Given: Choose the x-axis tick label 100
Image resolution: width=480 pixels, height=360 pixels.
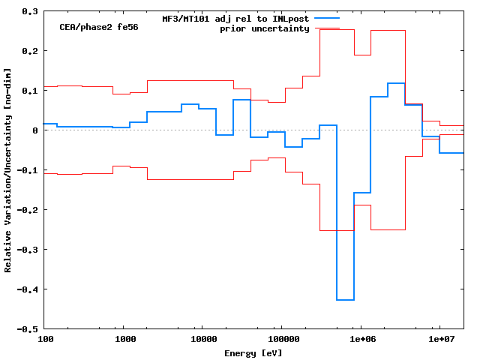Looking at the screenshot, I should (46, 340).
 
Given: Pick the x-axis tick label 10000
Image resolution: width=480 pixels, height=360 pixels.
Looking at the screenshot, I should (203, 340).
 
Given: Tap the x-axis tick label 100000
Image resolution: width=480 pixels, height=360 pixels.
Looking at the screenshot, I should (282, 340).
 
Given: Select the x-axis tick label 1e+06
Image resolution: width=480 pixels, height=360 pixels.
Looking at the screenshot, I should (361, 340).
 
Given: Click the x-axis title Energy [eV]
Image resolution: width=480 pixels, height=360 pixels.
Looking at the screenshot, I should (253, 352).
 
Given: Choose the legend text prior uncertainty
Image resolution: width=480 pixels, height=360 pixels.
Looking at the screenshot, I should (265, 28).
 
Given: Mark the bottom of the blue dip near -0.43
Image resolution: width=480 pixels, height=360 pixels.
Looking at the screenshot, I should (345, 300).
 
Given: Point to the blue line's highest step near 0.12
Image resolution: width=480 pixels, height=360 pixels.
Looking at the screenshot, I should (396, 83).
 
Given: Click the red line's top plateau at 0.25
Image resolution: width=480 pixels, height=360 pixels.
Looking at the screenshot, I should (388, 31).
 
